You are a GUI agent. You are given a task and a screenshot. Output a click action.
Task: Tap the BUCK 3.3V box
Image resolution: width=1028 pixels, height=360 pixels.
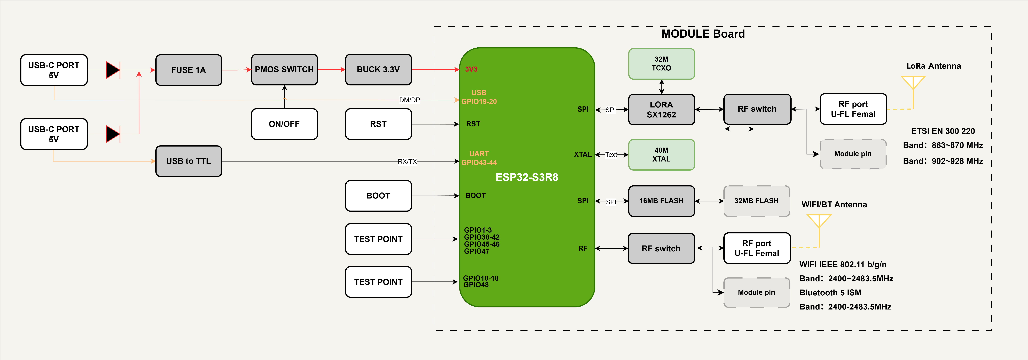pyautogui.click(x=378, y=69)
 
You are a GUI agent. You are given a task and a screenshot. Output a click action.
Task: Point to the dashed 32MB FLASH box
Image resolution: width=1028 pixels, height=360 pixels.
pyautogui.click(x=757, y=201)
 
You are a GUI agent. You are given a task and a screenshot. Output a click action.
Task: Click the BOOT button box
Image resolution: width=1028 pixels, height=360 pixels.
pyautogui.click(x=378, y=196)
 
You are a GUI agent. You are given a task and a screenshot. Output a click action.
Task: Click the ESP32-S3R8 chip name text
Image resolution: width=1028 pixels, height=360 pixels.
pyautogui.click(x=527, y=177)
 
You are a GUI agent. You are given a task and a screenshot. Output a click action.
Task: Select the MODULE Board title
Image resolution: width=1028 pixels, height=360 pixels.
pyautogui.click(x=703, y=34)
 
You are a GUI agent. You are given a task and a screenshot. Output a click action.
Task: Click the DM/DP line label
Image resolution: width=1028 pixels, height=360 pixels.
pyautogui.click(x=409, y=100)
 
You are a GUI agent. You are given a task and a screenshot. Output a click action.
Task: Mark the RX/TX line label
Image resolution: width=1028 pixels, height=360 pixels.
pyautogui.click(x=407, y=161)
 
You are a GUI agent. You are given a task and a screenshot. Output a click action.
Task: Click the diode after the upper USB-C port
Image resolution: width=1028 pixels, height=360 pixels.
pyautogui.click(x=113, y=70)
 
